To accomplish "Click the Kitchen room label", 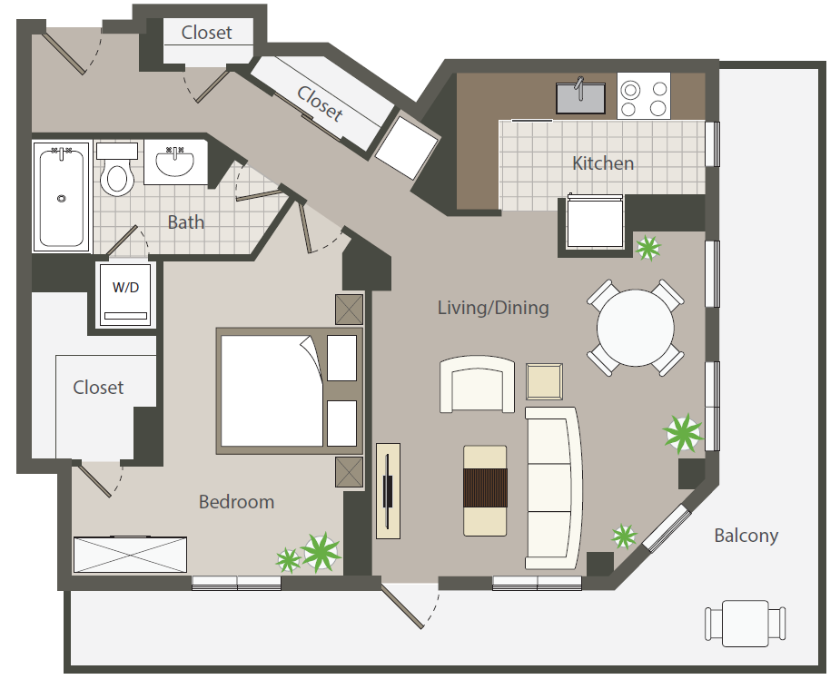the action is point(603,163).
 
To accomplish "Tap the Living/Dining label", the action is point(493,308).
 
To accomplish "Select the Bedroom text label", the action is point(236,502).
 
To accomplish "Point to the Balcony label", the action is point(746,535).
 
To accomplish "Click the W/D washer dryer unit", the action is point(126,294).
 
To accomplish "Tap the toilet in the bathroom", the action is point(117,169).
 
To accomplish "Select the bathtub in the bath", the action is point(61,197).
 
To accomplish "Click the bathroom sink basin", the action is point(174,162).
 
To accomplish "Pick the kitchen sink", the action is point(580,97).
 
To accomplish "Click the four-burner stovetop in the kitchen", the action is point(644,96).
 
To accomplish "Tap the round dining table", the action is point(636,328).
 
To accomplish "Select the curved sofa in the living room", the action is point(553,487).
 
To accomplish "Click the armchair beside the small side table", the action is point(477,385).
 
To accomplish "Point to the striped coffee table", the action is point(485,490).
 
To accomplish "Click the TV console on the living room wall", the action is point(388,490).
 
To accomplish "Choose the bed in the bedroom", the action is point(290,391).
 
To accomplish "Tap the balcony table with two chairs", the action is point(746,624).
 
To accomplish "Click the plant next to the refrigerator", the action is point(648,248).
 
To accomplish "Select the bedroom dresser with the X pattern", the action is point(130,555).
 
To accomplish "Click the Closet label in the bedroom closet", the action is point(98,388).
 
